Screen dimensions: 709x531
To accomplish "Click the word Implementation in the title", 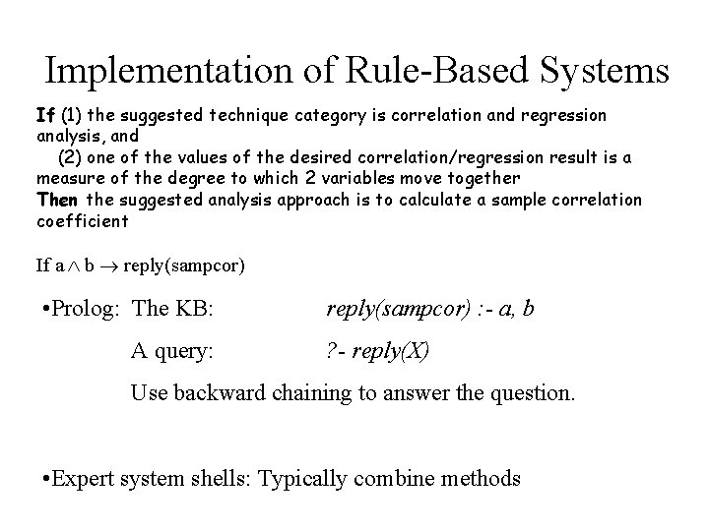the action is [x=169, y=71].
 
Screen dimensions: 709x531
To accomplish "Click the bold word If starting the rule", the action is [x=45, y=116].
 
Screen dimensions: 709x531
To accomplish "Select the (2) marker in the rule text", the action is [x=71, y=158].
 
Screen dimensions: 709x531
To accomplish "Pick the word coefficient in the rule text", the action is [x=82, y=221].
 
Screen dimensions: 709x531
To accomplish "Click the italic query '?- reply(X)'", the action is [x=378, y=350].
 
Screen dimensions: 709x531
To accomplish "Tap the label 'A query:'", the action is [x=171, y=350].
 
